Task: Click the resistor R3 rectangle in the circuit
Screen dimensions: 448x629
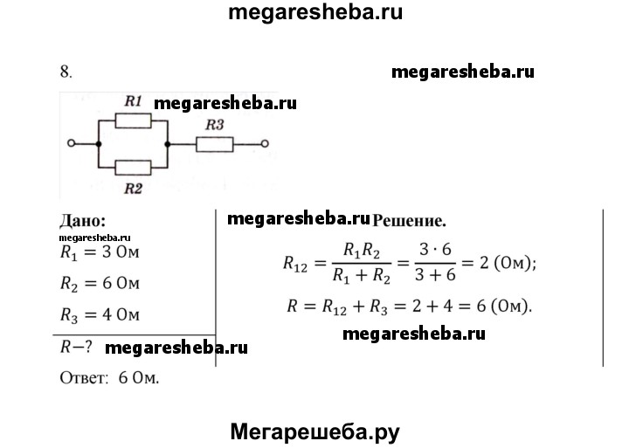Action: [x=214, y=143]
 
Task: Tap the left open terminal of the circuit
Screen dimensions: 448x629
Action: [x=72, y=143]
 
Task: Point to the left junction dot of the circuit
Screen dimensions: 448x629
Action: [x=98, y=143]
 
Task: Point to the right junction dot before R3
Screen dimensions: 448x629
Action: [x=167, y=143]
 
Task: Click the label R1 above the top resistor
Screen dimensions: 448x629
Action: [x=133, y=102]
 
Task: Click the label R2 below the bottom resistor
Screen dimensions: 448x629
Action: [x=132, y=187]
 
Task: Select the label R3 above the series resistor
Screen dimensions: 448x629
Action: [x=214, y=126]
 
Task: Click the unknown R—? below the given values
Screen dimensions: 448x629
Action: [x=76, y=347]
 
